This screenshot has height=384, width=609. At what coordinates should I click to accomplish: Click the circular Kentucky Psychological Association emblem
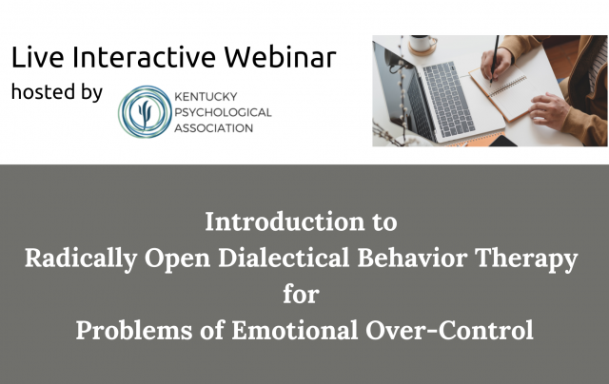pyautogui.click(x=146, y=111)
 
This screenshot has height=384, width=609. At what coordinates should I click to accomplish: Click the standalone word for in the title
pyautogui.click(x=301, y=295)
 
